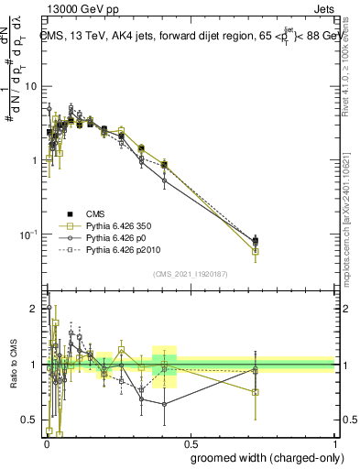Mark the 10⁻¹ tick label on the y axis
(x=31, y=234)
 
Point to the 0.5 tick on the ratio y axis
(x=33, y=420)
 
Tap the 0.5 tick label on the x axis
(x=191, y=442)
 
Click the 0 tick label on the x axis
(x=46, y=442)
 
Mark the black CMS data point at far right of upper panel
(x=256, y=241)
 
